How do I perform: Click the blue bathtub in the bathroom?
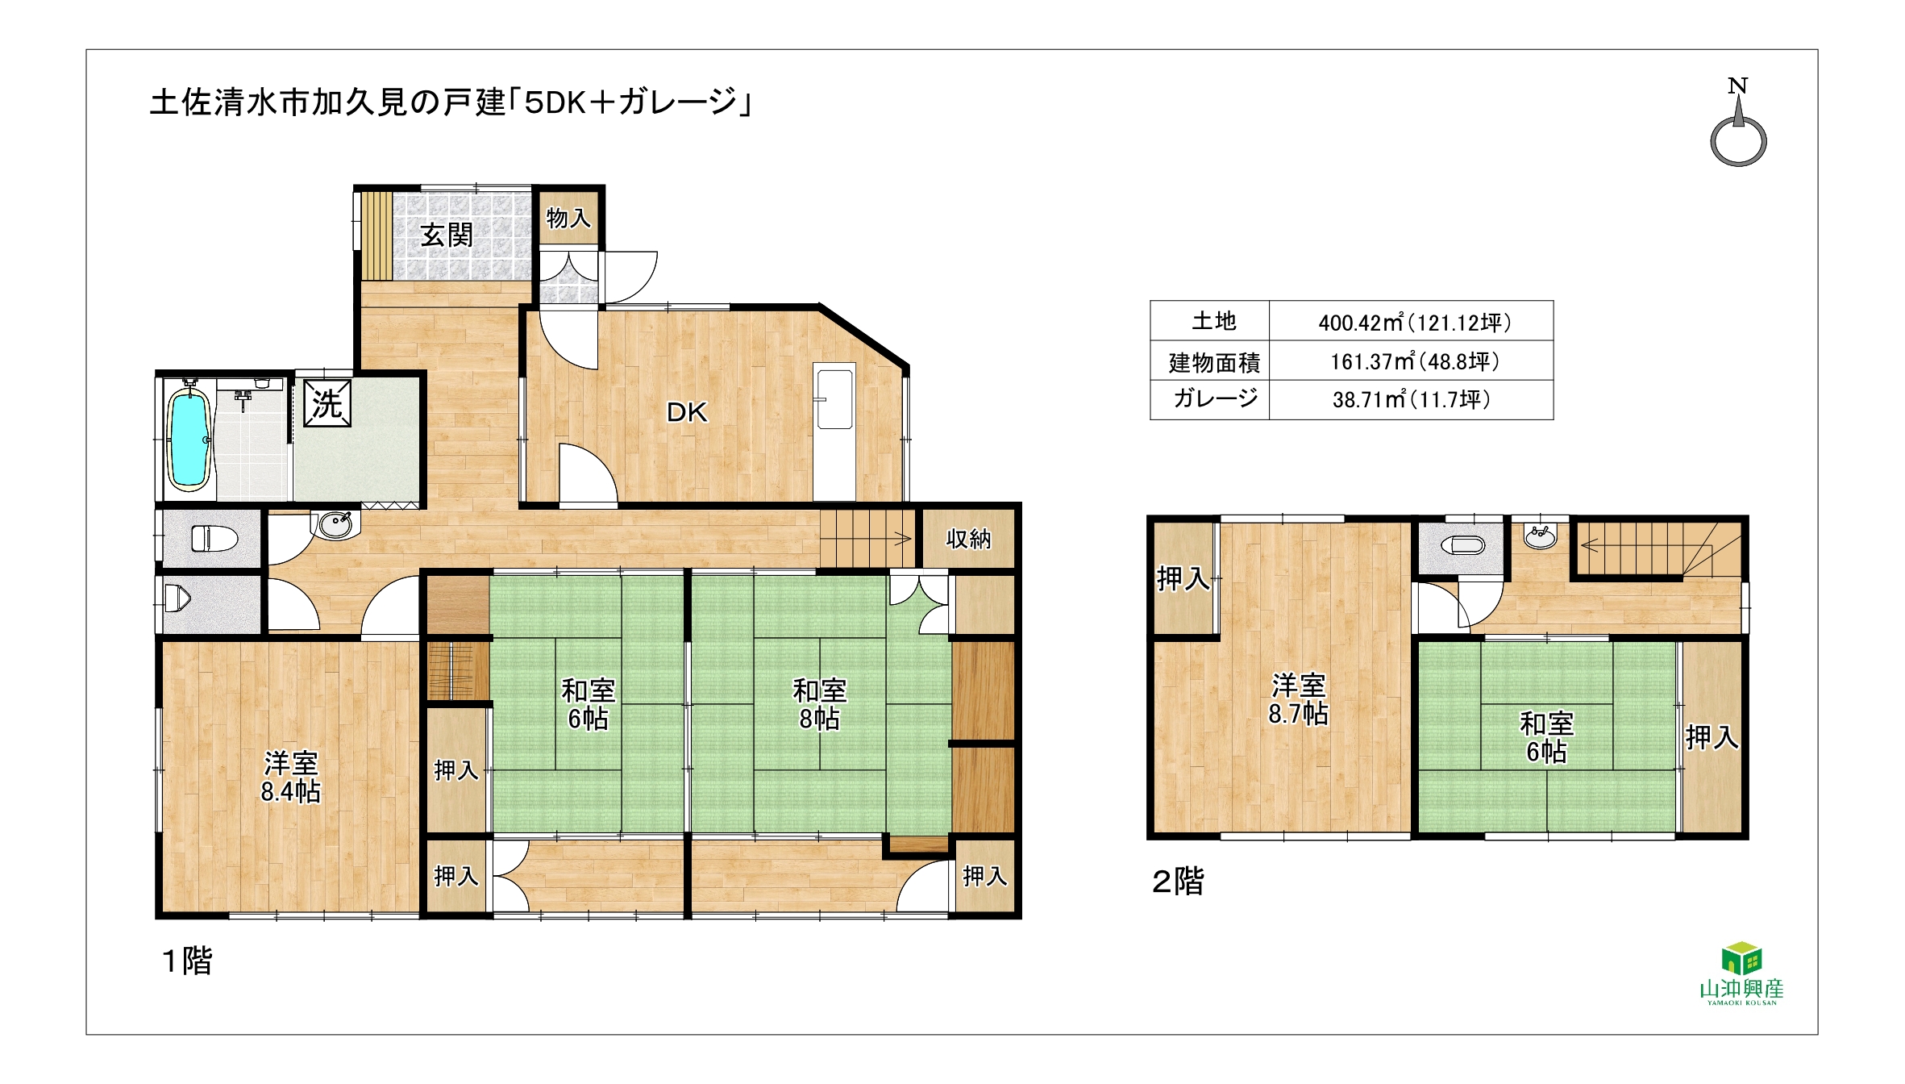[x=189, y=436]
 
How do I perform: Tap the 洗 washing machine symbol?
[x=327, y=403]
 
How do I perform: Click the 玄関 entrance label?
[x=447, y=236]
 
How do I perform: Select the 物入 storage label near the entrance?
[x=569, y=218]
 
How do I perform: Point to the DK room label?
[x=687, y=413]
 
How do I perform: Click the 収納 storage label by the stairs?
[x=968, y=539]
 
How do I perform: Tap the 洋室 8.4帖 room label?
[x=290, y=778]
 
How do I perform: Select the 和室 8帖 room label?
[x=819, y=704]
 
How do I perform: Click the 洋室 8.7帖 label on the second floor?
[x=1298, y=699]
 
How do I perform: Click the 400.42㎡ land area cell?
[x=1414, y=323]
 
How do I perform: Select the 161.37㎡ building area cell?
[x=1414, y=361]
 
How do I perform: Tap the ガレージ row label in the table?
[x=1215, y=398]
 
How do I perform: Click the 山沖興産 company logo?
[x=1741, y=974]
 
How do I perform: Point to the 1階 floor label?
[x=187, y=961]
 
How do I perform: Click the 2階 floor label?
[x=1178, y=882]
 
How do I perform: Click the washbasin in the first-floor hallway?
[x=335, y=524]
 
